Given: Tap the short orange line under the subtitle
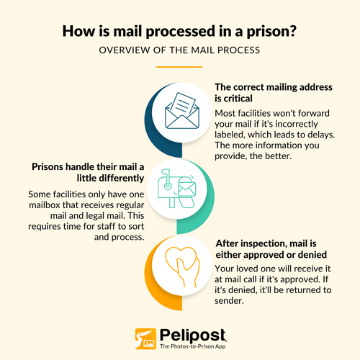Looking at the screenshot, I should [x=179, y=67].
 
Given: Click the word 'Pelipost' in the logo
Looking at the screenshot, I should [x=192, y=336].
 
